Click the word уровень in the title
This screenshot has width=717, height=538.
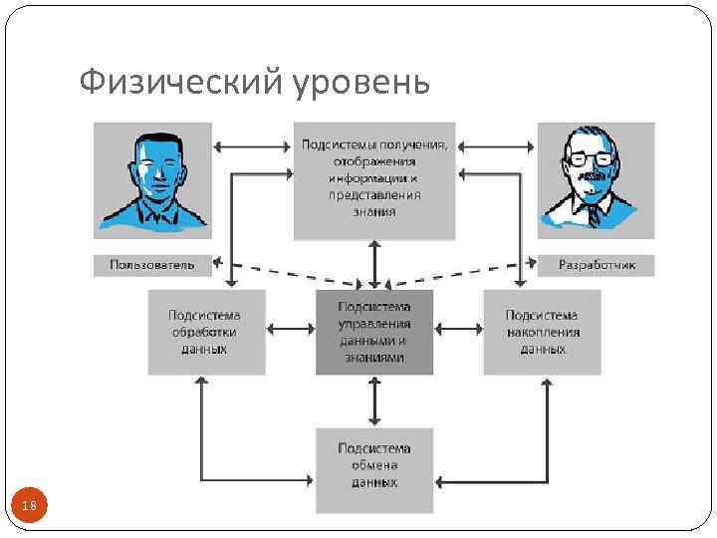point(362,84)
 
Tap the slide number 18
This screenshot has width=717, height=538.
point(28,507)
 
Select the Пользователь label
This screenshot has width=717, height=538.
point(152,265)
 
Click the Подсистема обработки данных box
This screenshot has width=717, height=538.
point(206,332)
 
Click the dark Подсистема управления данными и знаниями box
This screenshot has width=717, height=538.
point(374,332)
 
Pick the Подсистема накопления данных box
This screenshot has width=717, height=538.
point(543,332)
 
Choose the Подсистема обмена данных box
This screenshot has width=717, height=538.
point(374,469)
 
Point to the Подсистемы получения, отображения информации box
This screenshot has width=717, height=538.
point(374,179)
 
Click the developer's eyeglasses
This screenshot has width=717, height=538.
point(593,157)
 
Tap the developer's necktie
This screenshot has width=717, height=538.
point(595,213)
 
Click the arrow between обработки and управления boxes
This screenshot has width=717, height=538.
point(291,327)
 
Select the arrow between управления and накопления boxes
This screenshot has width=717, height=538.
point(458,327)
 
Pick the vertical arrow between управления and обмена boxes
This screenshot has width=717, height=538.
point(374,402)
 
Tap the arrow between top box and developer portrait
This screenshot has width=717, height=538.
point(496,147)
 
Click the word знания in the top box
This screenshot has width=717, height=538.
point(375,211)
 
